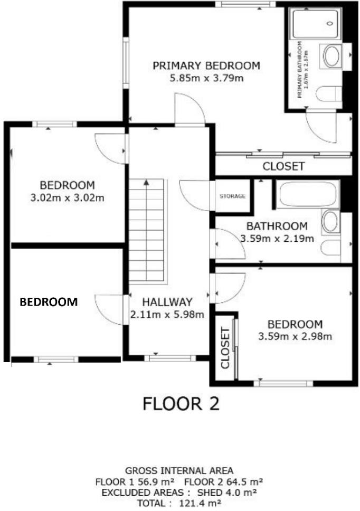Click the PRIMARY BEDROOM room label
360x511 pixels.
coord(206,66)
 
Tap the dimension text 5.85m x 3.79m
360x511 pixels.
coord(206,79)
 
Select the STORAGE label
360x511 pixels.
coord(233,196)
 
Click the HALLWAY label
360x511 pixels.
coord(167,302)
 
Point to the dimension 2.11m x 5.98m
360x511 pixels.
coord(167,315)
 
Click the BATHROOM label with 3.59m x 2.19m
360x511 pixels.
coord(277,226)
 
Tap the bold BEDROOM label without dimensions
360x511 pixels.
coord(49,302)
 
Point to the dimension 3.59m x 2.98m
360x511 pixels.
coord(295,337)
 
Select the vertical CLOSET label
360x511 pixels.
coord(225,348)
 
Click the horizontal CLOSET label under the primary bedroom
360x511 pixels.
coord(283,167)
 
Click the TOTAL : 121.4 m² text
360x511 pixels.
coord(179,503)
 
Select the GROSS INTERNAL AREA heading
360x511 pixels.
coord(179,470)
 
